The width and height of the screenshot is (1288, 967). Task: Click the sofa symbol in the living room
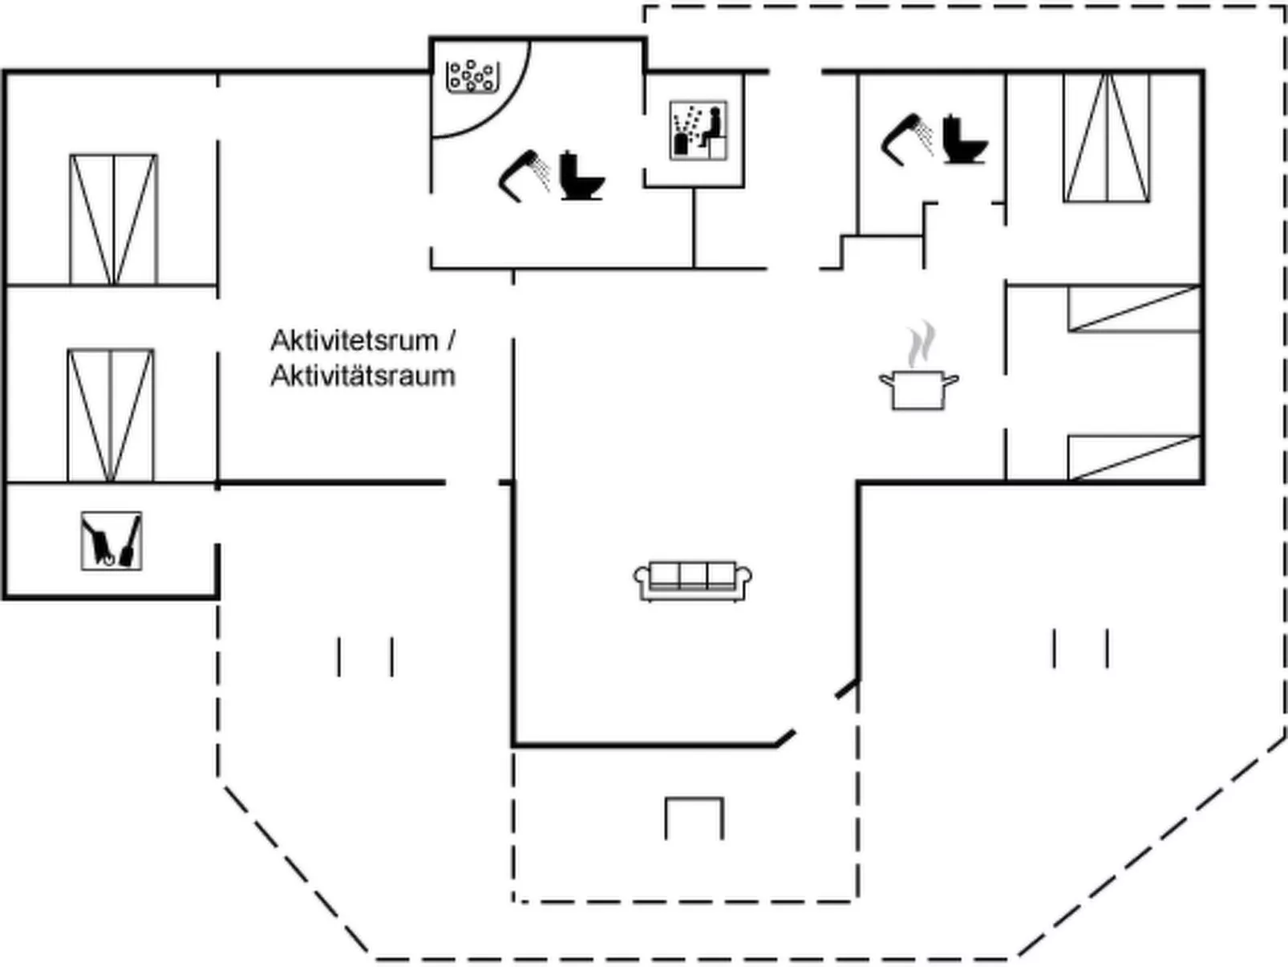tap(693, 580)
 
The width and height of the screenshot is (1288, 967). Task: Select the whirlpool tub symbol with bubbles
tap(472, 76)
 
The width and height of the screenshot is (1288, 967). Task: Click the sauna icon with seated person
tap(699, 130)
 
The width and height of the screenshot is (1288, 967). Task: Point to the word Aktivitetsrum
tap(354, 340)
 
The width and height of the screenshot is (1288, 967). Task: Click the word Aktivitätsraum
tap(363, 376)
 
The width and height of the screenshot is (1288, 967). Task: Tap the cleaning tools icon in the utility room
tap(111, 541)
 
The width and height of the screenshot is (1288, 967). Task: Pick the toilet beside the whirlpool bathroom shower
tap(581, 176)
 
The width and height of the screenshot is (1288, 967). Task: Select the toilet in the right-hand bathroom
tap(963, 140)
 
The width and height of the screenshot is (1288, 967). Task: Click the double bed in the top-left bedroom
tap(113, 219)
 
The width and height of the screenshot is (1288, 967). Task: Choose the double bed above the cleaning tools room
tap(111, 415)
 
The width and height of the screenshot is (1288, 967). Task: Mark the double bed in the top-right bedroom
tap(1107, 137)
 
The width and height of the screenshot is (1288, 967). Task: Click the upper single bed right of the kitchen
tap(1134, 309)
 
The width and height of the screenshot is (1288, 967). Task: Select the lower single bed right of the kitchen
tap(1134, 457)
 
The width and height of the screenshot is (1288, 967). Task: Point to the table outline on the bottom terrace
tap(694, 818)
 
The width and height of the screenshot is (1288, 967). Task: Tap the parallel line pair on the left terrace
tap(365, 656)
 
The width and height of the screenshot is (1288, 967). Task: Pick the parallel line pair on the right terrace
tap(1080, 648)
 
